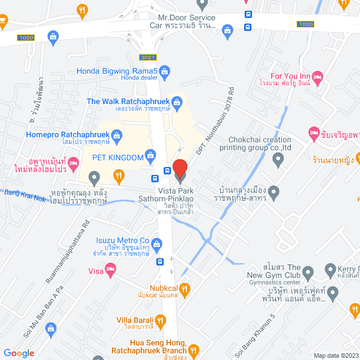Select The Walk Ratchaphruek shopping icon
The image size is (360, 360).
click(177, 102)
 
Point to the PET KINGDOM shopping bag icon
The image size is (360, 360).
click(150, 155)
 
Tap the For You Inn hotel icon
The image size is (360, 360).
click(318, 76)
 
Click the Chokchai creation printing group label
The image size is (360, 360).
click(260, 144)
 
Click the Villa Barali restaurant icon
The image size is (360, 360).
click(160, 321)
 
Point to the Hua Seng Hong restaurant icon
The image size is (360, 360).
click(194, 350)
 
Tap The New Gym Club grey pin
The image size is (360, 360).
click(308, 274)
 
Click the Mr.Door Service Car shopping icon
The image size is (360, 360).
click(228, 29)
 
